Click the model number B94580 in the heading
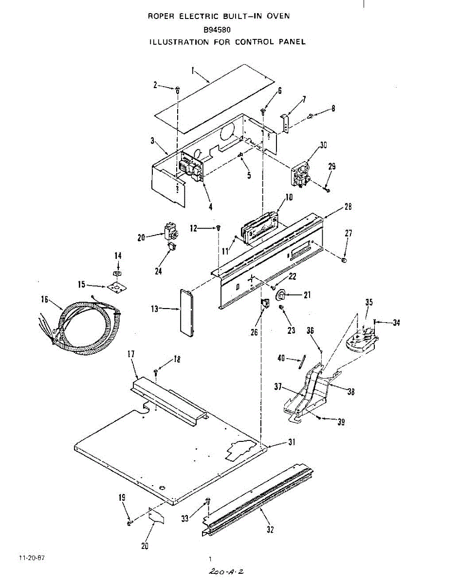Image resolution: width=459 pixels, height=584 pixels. point(217,29)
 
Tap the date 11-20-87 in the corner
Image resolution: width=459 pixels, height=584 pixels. point(32,558)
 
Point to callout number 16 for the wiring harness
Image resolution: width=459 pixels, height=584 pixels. point(44,301)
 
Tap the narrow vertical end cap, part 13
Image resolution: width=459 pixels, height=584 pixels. point(186,312)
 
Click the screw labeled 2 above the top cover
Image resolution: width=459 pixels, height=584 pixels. point(178,89)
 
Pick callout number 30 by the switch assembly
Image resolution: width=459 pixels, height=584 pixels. point(323,145)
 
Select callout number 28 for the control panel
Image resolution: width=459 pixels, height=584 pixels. point(348,207)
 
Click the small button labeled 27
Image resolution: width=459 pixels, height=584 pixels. point(344,260)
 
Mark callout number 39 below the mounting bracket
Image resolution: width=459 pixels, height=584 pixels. point(341,422)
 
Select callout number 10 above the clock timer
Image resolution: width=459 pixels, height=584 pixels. point(289,198)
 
